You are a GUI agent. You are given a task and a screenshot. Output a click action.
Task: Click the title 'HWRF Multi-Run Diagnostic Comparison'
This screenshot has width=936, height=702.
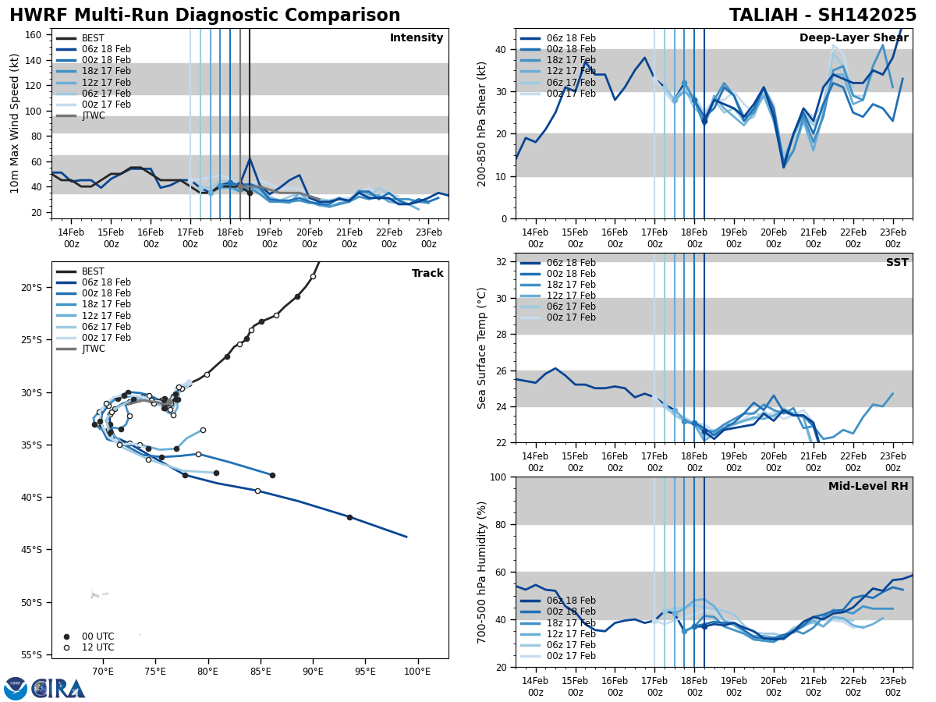click(x=204, y=16)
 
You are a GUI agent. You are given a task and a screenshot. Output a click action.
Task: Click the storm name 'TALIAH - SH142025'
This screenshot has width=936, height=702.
click(x=823, y=16)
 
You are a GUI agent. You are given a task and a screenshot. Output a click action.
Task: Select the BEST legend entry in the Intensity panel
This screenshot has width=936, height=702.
click(x=93, y=38)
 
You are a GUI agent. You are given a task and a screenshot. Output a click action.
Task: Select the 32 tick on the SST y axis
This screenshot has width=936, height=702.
click(x=502, y=262)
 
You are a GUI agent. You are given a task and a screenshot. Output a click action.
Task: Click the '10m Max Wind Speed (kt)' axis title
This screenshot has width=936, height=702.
click(x=15, y=123)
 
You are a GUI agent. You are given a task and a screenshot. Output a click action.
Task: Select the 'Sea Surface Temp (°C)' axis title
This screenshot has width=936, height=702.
click(x=482, y=348)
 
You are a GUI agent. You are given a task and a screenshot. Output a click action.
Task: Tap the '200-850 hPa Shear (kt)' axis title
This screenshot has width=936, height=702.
click(x=482, y=123)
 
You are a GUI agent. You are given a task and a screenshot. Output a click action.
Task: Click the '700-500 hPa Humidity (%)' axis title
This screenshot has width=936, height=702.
click(x=482, y=572)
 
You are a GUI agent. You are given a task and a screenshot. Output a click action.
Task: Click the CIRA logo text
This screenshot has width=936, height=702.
click(x=58, y=689)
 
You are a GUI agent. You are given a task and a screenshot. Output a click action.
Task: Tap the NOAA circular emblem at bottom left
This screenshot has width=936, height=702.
click(x=16, y=689)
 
